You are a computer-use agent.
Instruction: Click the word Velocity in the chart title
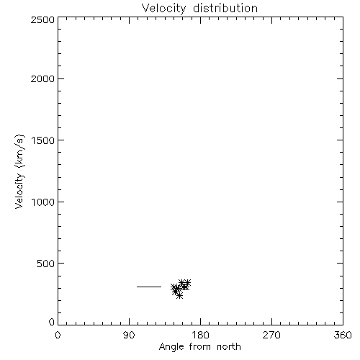[x=164, y=9]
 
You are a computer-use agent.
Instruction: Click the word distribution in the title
[x=225, y=8]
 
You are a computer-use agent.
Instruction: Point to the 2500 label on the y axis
[x=42, y=19]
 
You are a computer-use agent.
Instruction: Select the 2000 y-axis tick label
[x=42, y=78]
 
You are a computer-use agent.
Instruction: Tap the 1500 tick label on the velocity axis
[x=43, y=140]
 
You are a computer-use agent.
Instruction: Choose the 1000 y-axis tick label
[x=43, y=202]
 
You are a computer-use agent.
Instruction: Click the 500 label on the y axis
[x=46, y=264]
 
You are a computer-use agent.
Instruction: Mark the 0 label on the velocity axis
[x=52, y=322]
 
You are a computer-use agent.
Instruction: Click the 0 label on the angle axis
[x=58, y=335]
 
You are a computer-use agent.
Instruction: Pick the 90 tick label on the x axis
[x=129, y=335]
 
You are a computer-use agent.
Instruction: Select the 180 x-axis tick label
[x=200, y=335]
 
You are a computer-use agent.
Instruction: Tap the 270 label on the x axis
[x=271, y=335]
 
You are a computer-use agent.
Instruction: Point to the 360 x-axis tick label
[x=343, y=335]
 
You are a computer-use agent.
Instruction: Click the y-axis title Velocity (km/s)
[x=19, y=171]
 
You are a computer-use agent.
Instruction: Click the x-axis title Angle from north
[x=200, y=347]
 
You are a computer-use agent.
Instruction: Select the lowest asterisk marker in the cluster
[x=179, y=296]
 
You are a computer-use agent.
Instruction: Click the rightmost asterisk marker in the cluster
[x=187, y=283]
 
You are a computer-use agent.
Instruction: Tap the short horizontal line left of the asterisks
[x=149, y=287]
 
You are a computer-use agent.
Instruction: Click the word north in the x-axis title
[x=229, y=347]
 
